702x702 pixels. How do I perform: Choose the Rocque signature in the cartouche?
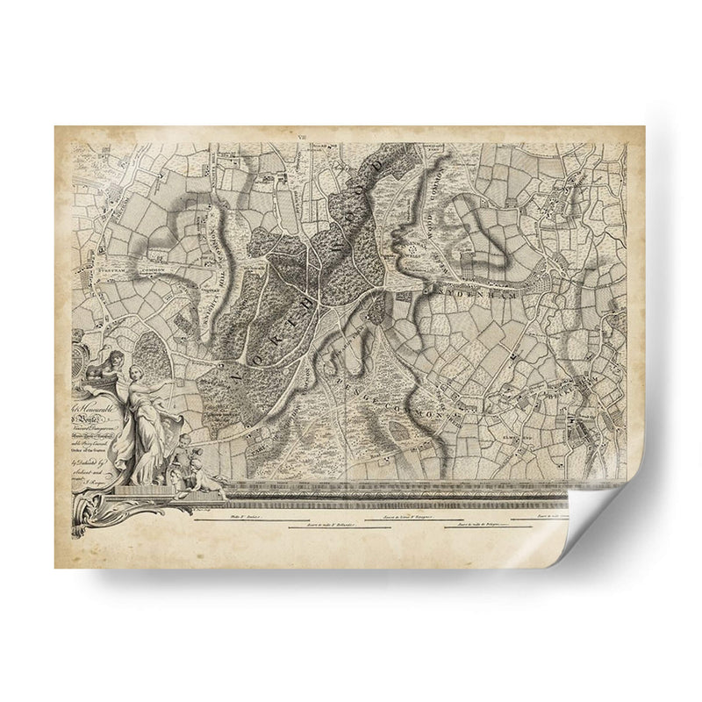point(99,483)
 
